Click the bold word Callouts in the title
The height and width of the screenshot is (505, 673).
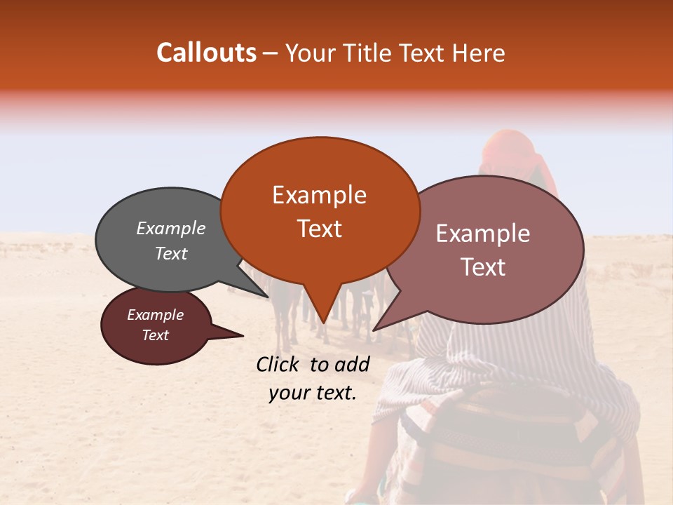[206, 53]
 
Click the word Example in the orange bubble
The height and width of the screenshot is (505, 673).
[319, 195]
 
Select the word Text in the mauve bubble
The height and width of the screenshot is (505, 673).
[484, 267]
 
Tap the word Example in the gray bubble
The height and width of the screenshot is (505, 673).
[171, 229]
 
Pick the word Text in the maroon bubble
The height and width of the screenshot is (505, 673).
[156, 335]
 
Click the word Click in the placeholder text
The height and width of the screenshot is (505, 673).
[280, 364]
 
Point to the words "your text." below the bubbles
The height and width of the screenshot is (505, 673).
[313, 393]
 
